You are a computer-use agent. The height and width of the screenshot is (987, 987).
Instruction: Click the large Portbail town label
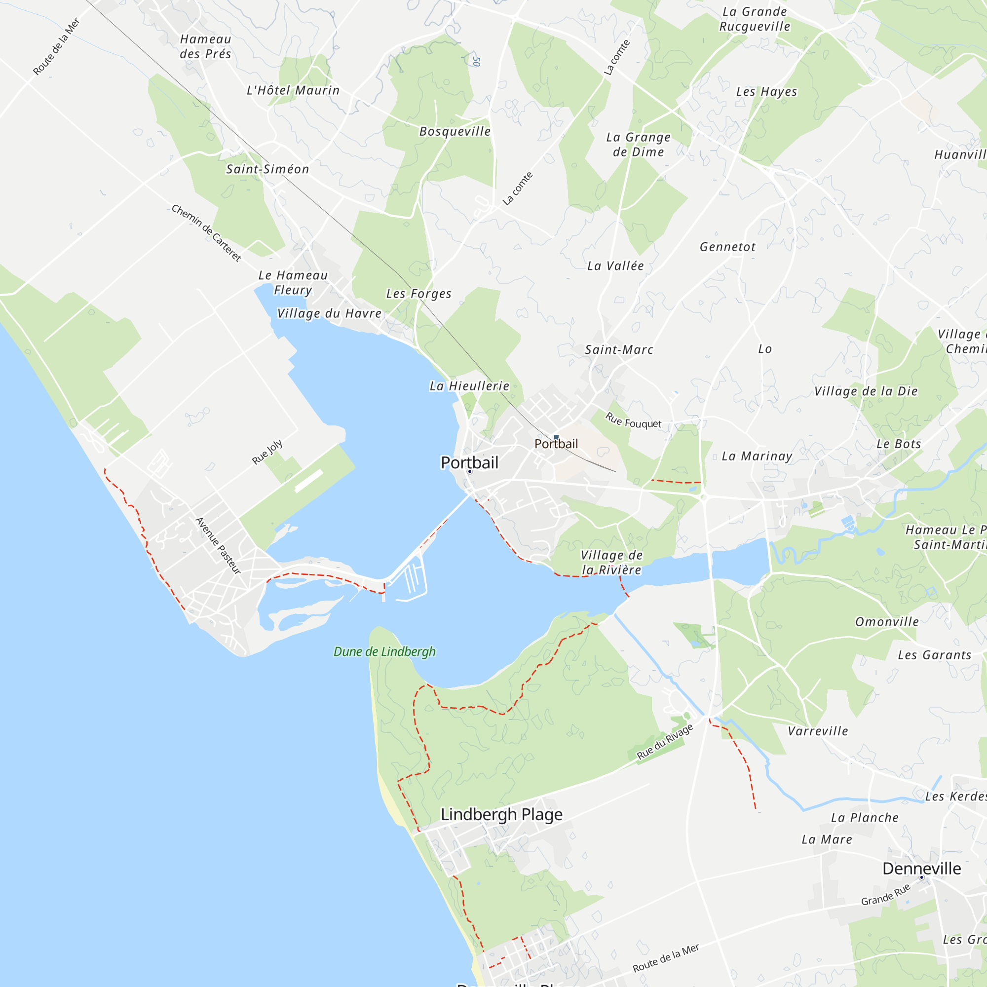[469, 462]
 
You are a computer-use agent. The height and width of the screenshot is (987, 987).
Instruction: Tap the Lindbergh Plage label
[501, 814]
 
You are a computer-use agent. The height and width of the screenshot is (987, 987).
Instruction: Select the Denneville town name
[921, 868]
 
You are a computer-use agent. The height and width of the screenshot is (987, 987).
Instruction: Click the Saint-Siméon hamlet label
[267, 169]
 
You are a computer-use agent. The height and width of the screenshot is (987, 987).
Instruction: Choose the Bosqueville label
[455, 131]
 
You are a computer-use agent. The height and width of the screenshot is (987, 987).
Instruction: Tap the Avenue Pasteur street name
[218, 546]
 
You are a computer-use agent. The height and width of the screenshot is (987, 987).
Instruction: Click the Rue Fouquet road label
[633, 420]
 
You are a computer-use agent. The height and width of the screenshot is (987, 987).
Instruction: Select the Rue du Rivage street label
[665, 741]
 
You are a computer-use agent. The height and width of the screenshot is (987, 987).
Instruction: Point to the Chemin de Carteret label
[206, 233]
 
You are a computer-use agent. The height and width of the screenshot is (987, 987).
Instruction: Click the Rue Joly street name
[267, 452]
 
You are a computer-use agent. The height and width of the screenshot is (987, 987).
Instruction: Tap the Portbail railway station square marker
[556, 437]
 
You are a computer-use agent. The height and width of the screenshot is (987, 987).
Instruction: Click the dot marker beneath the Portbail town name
[469, 471]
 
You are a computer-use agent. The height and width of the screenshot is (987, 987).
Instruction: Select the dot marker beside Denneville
[921, 877]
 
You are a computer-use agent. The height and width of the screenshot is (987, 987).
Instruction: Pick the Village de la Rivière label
[611, 562]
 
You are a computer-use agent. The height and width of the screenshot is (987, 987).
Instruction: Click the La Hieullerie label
[469, 386]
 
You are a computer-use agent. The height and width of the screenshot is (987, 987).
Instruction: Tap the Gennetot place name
[727, 247]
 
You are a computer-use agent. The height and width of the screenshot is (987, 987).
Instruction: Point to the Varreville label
[817, 731]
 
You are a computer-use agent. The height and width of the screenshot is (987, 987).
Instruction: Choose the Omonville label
[887, 622]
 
